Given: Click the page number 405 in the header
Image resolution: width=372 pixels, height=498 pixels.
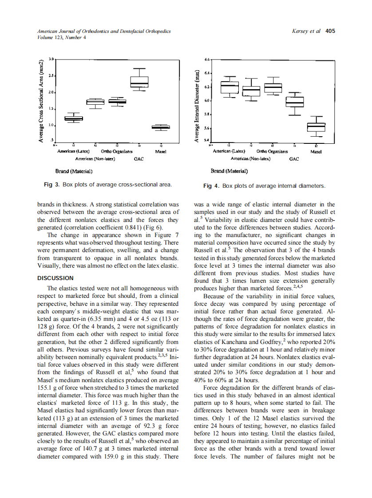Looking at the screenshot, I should point(330,31).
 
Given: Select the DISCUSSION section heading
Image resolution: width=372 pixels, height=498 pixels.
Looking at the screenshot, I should point(55,278).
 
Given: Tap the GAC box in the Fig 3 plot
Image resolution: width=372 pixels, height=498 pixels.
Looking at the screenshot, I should point(139,82).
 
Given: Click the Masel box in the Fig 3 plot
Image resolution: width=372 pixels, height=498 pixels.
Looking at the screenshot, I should point(161,127).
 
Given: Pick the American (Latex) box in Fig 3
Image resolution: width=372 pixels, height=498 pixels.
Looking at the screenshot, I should point(74,118).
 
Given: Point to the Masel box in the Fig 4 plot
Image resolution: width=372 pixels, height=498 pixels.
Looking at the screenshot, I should point(316,127).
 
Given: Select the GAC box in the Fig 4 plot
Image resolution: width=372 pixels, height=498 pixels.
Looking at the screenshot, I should point(294,102).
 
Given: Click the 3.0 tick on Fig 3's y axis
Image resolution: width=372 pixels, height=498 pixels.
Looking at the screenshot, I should point(51,59).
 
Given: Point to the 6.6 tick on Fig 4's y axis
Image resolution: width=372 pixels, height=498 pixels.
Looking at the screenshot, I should point(206,59).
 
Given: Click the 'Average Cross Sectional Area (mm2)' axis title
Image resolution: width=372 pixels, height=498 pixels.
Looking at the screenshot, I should point(40,101).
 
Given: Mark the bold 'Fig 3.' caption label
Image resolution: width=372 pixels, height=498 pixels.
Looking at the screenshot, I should point(52,185).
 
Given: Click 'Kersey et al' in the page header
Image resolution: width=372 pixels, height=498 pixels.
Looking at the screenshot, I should point(306,31).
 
